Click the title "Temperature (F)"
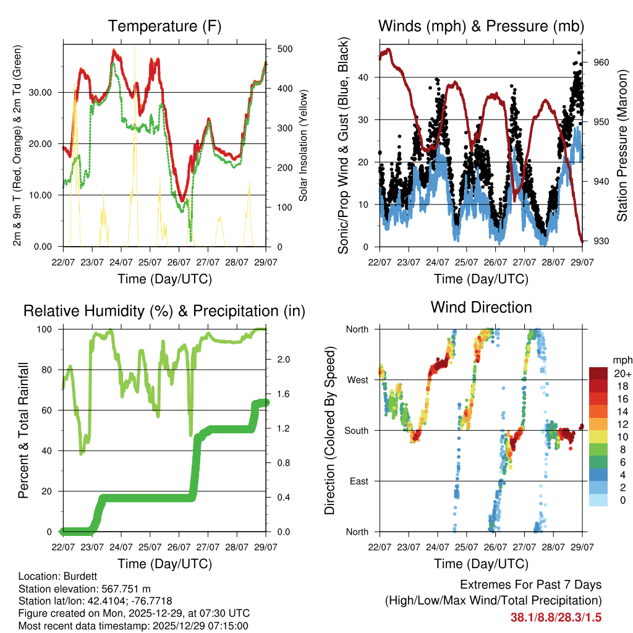(x=164, y=27)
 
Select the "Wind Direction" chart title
(x=481, y=307)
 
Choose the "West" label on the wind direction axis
(x=357, y=380)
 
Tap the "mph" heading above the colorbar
(x=621, y=360)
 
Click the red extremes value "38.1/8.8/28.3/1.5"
(x=556, y=618)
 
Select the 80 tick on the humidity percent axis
(x=51, y=370)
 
